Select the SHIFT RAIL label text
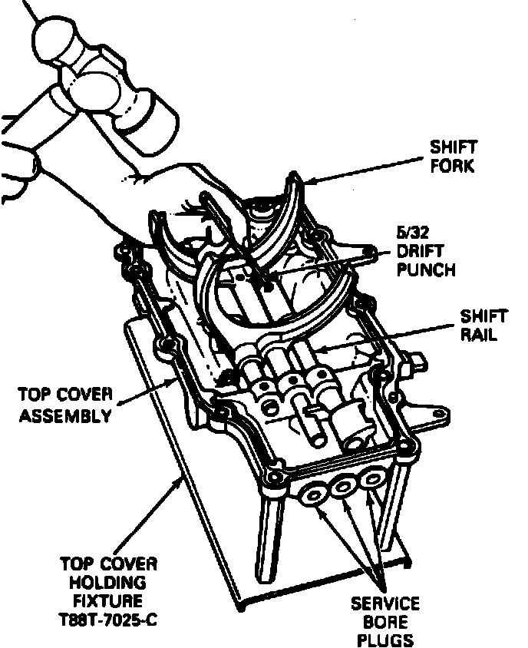[483, 326]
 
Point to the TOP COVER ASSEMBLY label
[65, 405]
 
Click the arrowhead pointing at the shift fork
[308, 181]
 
